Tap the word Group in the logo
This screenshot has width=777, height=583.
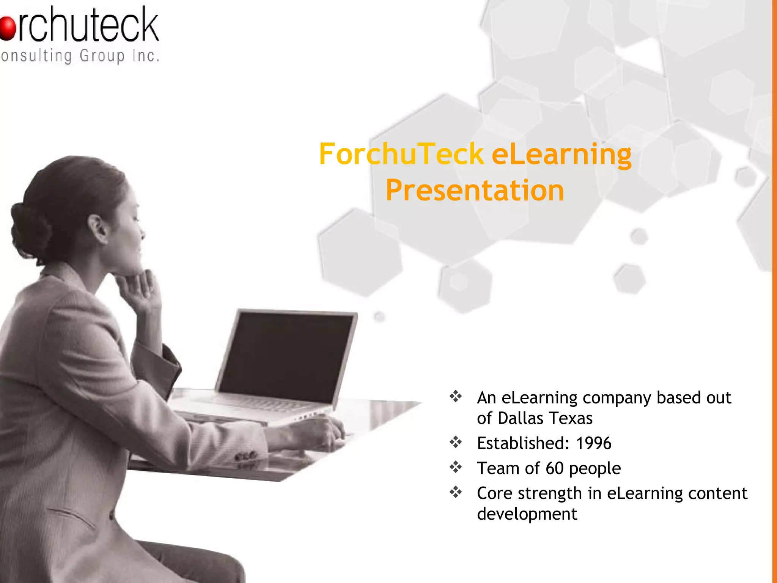[102, 57]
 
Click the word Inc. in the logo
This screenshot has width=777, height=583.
[146, 56]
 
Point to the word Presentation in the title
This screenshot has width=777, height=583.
[475, 191]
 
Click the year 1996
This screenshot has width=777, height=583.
[593, 443]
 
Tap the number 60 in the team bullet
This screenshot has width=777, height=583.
[555, 468]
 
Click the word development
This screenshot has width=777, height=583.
[527, 514]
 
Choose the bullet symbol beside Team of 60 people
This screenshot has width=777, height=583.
[456, 467]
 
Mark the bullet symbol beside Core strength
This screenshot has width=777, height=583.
[456, 492]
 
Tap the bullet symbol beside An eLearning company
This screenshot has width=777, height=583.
[456, 397]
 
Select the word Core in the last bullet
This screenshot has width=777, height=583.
[495, 493]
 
